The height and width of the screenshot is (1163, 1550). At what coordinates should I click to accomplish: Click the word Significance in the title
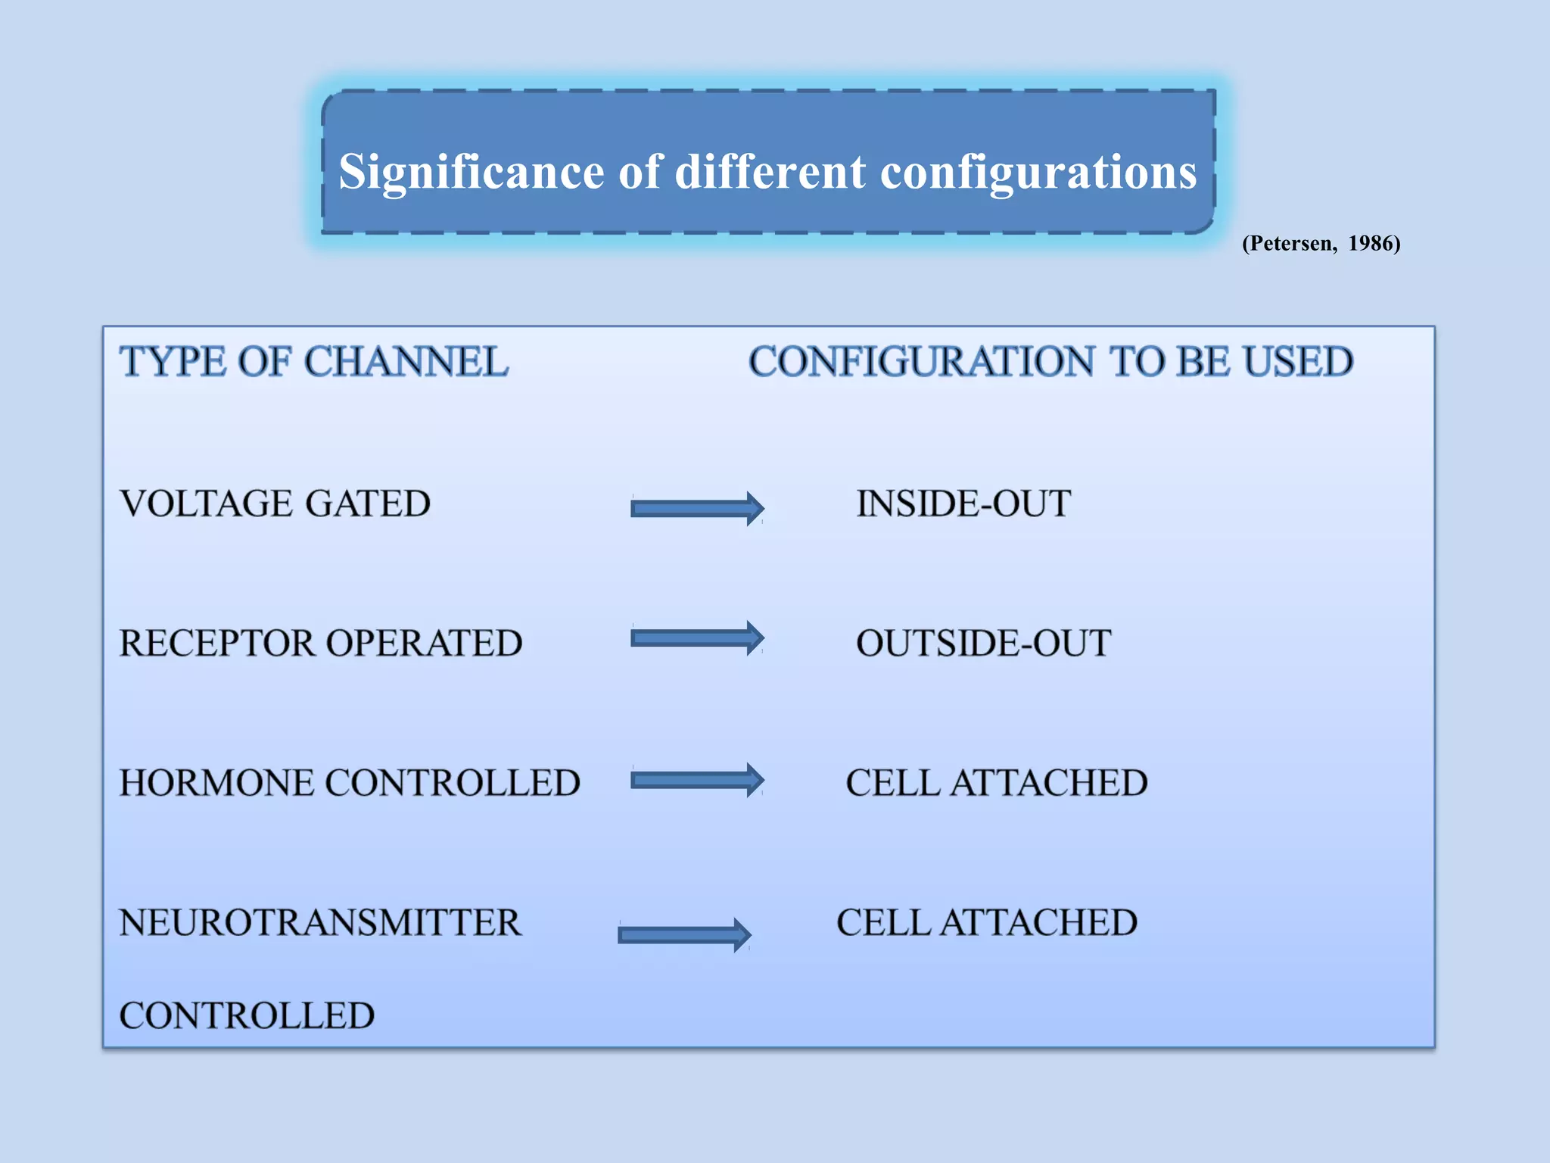point(471,173)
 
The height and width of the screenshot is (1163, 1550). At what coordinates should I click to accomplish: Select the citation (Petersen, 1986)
point(1321,243)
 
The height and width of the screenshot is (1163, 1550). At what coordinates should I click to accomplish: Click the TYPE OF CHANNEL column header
point(313,361)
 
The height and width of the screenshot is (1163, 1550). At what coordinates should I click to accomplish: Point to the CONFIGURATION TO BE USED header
point(1050,361)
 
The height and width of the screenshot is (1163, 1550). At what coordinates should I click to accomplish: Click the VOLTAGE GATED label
point(275,504)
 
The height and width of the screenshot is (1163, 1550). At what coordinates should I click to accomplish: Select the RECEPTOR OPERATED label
point(320,643)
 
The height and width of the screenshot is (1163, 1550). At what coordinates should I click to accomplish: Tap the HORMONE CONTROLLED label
point(349,782)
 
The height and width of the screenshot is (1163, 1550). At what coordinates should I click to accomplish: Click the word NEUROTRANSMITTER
point(320,922)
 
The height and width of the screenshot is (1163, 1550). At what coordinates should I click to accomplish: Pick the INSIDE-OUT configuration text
point(963,504)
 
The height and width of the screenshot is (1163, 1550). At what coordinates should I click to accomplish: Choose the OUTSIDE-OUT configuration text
point(982,643)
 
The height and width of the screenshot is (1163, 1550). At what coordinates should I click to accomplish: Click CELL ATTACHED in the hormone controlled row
point(996,782)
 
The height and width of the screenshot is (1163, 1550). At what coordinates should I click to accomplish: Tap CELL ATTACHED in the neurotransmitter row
point(986,922)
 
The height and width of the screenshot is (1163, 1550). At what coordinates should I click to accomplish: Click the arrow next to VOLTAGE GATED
point(696,508)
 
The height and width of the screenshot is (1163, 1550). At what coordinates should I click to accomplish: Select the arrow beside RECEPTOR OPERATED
point(696,638)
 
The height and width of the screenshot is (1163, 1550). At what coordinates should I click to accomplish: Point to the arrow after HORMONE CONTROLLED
point(696,780)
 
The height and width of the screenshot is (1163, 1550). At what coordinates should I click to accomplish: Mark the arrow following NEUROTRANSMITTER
point(683,935)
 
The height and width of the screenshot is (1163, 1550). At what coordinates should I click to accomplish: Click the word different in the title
point(770,173)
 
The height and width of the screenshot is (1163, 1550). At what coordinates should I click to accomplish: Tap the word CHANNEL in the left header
point(406,361)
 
